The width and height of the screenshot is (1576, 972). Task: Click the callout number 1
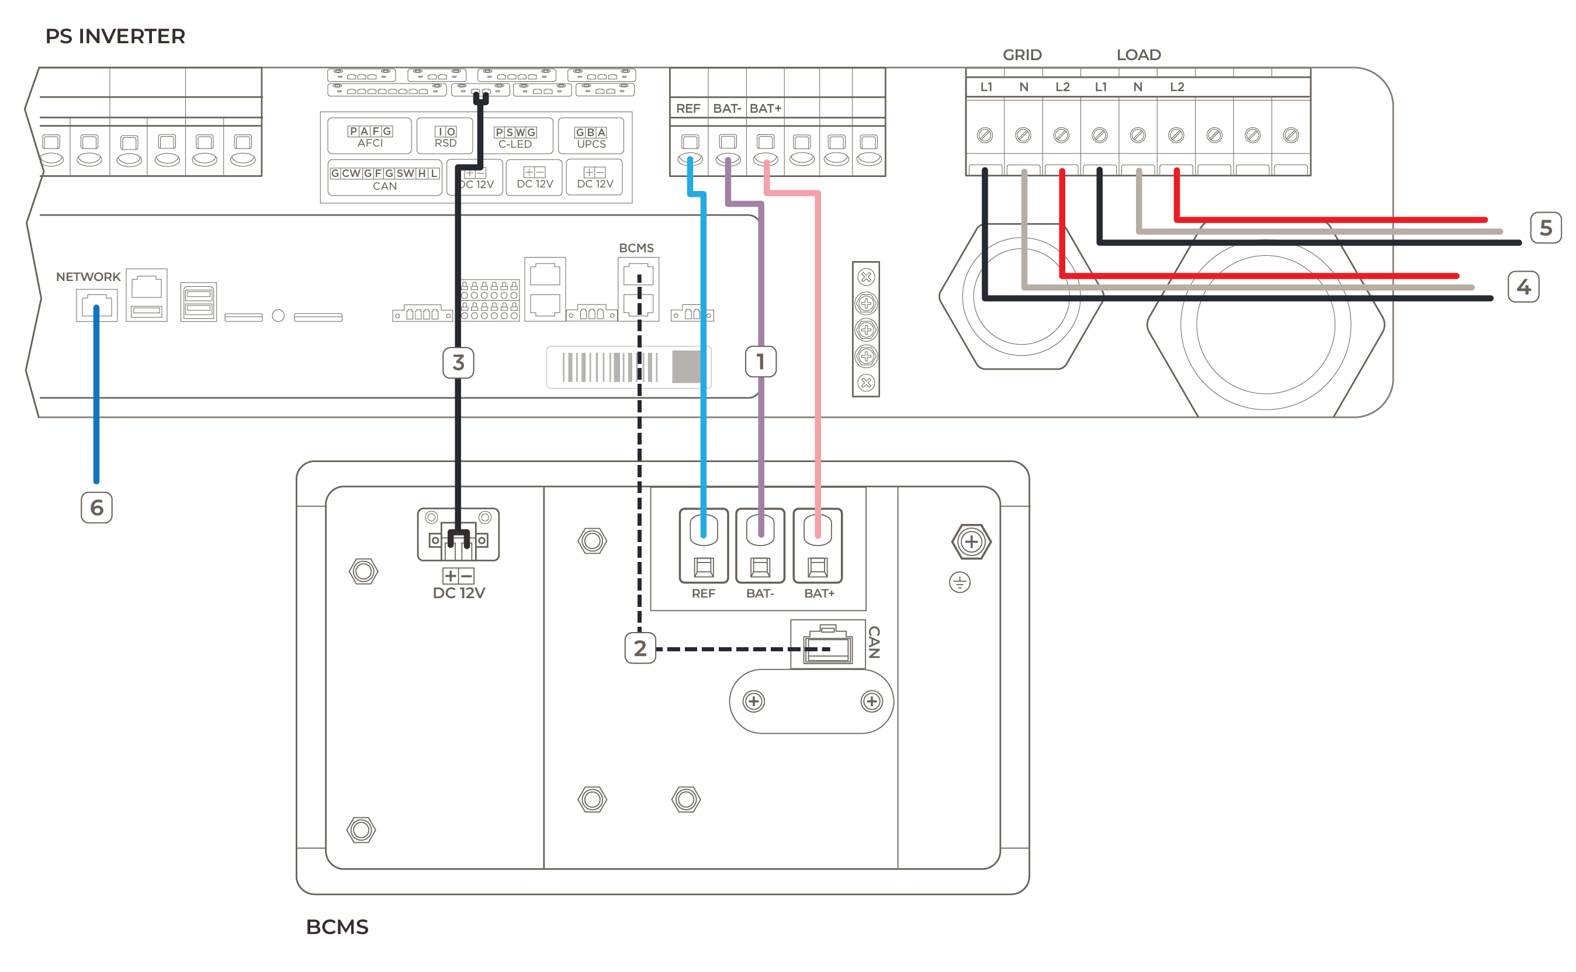pyautogui.click(x=760, y=362)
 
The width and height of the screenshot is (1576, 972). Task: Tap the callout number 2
pyautogui.click(x=640, y=648)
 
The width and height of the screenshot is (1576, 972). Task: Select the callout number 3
pyautogui.click(x=458, y=363)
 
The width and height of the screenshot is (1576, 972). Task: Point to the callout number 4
pyautogui.click(x=1523, y=287)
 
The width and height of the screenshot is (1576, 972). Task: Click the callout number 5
pyautogui.click(x=1545, y=228)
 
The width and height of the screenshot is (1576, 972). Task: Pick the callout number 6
pyautogui.click(x=96, y=507)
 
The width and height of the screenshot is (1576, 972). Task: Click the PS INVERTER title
pyautogui.click(x=115, y=37)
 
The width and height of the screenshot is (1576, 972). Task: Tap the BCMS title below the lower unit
pyautogui.click(x=337, y=927)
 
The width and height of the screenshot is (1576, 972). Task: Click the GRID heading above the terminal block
pyautogui.click(x=1021, y=55)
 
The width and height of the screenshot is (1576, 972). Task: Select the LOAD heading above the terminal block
pyautogui.click(x=1138, y=55)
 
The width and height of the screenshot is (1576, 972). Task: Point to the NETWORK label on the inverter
pyautogui.click(x=88, y=276)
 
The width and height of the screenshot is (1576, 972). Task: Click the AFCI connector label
pyautogui.click(x=370, y=143)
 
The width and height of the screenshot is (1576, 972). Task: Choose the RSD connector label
pyautogui.click(x=445, y=143)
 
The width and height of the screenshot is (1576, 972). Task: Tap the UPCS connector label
pyautogui.click(x=591, y=144)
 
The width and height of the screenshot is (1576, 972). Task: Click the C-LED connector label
pyautogui.click(x=515, y=144)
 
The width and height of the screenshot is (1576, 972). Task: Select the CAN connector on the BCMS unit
pyautogui.click(x=827, y=645)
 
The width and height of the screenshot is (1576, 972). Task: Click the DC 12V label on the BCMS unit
pyautogui.click(x=459, y=593)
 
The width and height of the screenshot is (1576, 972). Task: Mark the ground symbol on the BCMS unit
pyautogui.click(x=960, y=582)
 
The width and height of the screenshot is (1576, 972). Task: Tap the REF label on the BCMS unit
pyautogui.click(x=703, y=593)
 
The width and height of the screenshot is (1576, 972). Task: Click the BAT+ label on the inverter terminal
pyautogui.click(x=765, y=109)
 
